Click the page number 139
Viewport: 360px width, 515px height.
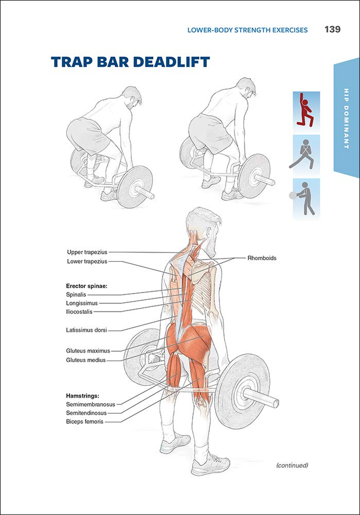point(332,30)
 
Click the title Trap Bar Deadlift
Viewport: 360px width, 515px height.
point(130,62)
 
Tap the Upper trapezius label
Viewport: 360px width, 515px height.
point(87,252)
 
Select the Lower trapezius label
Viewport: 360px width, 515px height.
point(87,261)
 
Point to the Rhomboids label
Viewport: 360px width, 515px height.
point(261,258)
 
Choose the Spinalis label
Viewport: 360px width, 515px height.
point(76,294)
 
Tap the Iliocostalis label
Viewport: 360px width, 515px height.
point(80,312)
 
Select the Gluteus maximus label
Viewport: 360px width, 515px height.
point(88,351)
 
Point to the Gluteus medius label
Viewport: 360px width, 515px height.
point(85,360)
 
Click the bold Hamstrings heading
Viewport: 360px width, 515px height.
point(82,396)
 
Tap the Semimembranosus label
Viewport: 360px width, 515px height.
point(90,404)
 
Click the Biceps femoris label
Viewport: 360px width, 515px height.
point(85,422)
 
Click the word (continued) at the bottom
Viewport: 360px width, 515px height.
point(292,465)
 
